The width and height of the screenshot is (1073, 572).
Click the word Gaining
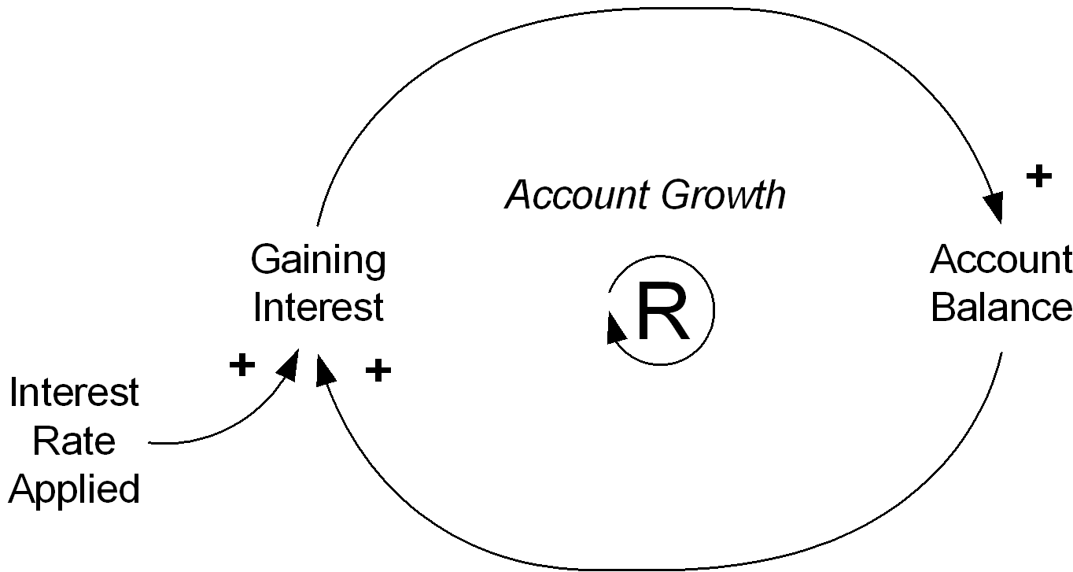click(x=318, y=261)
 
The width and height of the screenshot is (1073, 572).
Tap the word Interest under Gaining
click(x=318, y=307)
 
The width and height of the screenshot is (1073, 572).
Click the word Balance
click(x=1001, y=307)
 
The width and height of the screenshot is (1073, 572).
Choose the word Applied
click(x=74, y=489)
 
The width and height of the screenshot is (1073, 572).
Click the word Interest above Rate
click(x=74, y=392)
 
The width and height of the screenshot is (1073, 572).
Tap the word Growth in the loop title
click(x=723, y=195)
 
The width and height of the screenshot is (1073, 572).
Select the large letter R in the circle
click(x=663, y=311)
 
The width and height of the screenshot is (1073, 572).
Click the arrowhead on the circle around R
click(x=615, y=328)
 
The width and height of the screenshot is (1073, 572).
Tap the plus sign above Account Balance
click(x=1039, y=176)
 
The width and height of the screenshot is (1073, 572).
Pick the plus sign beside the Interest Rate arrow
click(x=242, y=366)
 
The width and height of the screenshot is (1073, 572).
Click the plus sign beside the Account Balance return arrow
click(x=378, y=371)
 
